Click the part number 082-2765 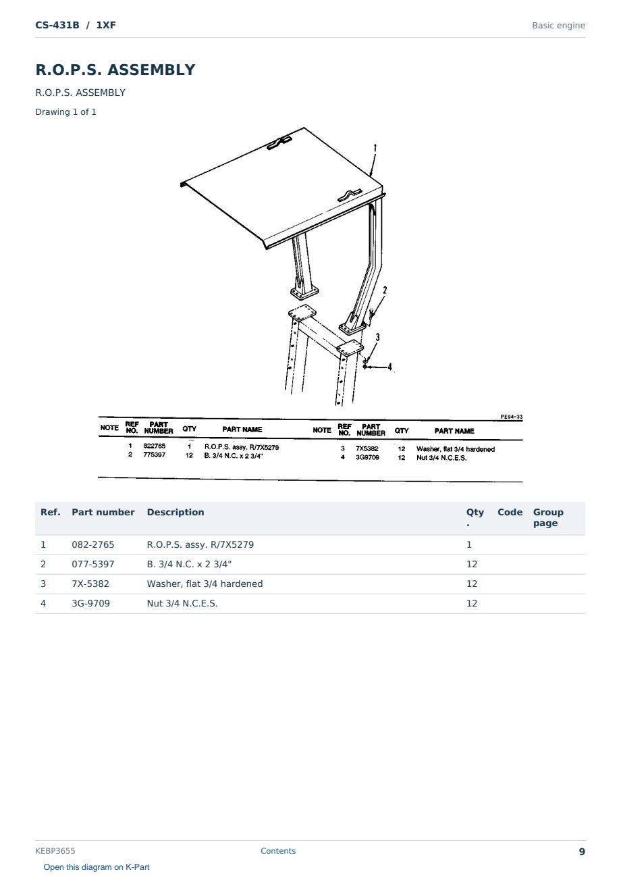(93, 544)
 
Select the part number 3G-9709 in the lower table (90, 603)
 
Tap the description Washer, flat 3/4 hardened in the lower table (205, 584)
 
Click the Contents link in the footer (278, 851)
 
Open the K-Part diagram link (97, 867)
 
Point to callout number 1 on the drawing (375, 148)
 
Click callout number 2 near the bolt (385, 290)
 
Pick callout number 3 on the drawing (378, 337)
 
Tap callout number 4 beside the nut (389, 367)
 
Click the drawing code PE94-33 (511, 417)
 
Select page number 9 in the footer (582, 852)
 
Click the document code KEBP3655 (55, 851)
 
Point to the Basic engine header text (558, 26)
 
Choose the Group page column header (548, 517)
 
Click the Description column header (175, 512)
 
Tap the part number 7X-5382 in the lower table (90, 584)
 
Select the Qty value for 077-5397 (472, 564)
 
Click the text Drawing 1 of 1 (66, 111)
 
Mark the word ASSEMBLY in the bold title (151, 70)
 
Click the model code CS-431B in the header (57, 25)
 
